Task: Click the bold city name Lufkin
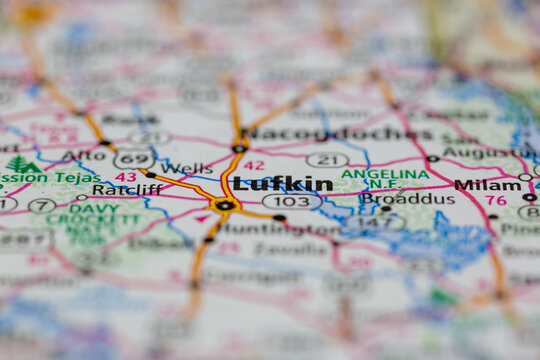283,184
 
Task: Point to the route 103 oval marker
292,201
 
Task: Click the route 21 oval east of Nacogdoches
327,160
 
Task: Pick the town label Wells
186,168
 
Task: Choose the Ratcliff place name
127,189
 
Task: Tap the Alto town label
83,155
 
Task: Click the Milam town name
487,184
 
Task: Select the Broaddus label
408,198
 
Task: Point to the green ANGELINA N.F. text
385,178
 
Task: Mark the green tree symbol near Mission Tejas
21,164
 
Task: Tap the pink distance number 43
125,176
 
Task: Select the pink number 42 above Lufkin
254,165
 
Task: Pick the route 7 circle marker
42,205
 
